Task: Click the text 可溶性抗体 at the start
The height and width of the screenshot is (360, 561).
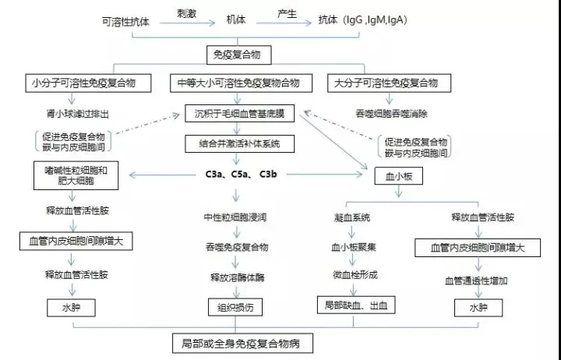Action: coord(125,22)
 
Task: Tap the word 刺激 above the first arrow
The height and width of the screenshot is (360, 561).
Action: coord(186,13)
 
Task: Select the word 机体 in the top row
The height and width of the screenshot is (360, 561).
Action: coord(236,19)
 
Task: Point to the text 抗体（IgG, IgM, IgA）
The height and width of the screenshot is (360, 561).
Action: coord(363,20)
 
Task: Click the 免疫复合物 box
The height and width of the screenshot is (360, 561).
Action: coord(239,55)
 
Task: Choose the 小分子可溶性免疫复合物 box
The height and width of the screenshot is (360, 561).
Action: coord(88,83)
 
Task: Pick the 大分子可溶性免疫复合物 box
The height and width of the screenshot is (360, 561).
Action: coord(389,83)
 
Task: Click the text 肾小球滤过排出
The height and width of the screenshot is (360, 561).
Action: coord(77,114)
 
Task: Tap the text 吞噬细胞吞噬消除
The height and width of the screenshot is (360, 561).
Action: coord(391,114)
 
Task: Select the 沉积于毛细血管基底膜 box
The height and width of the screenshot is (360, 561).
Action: coord(239,114)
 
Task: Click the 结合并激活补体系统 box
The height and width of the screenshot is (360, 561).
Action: coord(239,144)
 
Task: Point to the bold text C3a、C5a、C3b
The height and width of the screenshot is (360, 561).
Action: coord(241,175)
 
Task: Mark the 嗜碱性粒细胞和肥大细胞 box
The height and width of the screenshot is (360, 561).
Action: coord(76,175)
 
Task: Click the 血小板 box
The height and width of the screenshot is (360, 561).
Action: coord(399,176)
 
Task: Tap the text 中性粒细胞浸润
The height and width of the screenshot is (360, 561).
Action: coord(235,217)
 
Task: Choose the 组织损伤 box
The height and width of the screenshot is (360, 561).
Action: coord(235,307)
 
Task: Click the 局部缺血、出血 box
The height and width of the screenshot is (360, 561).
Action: coord(356,305)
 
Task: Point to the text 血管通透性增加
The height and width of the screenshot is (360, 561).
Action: coord(476,281)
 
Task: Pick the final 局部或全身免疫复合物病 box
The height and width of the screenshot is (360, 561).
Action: coord(242,344)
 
